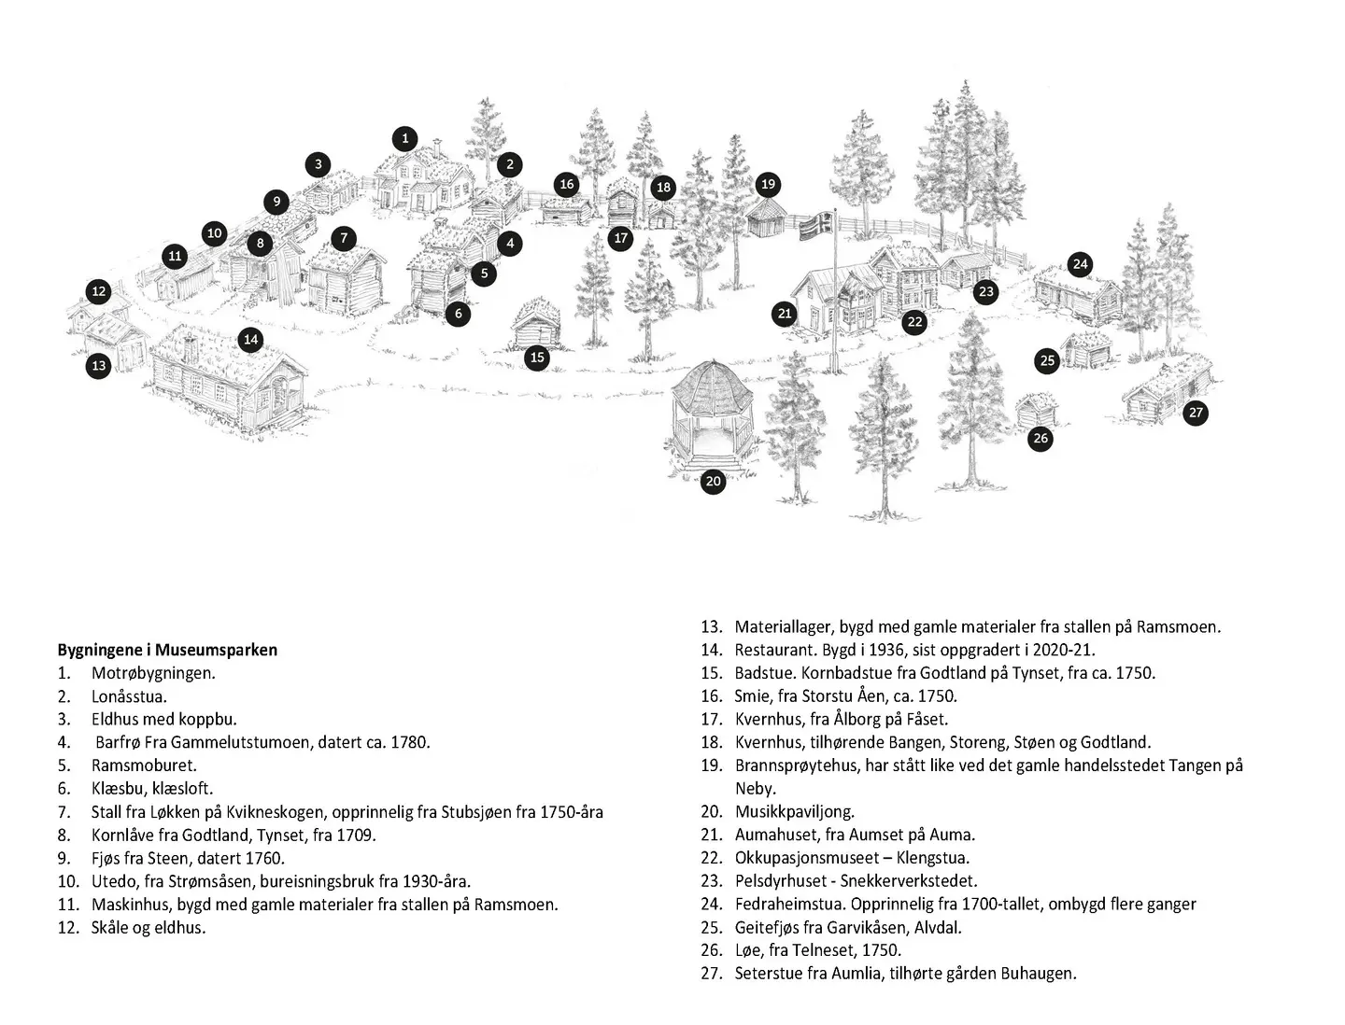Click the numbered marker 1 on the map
coord(404,139)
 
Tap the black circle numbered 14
coord(250,340)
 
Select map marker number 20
coord(713,482)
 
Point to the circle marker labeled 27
coord(1196,413)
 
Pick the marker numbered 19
coord(768,184)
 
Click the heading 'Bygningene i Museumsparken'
coord(167,650)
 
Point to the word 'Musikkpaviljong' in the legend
coord(794,812)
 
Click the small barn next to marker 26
coord(1035,410)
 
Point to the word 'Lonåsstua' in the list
coord(129,696)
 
